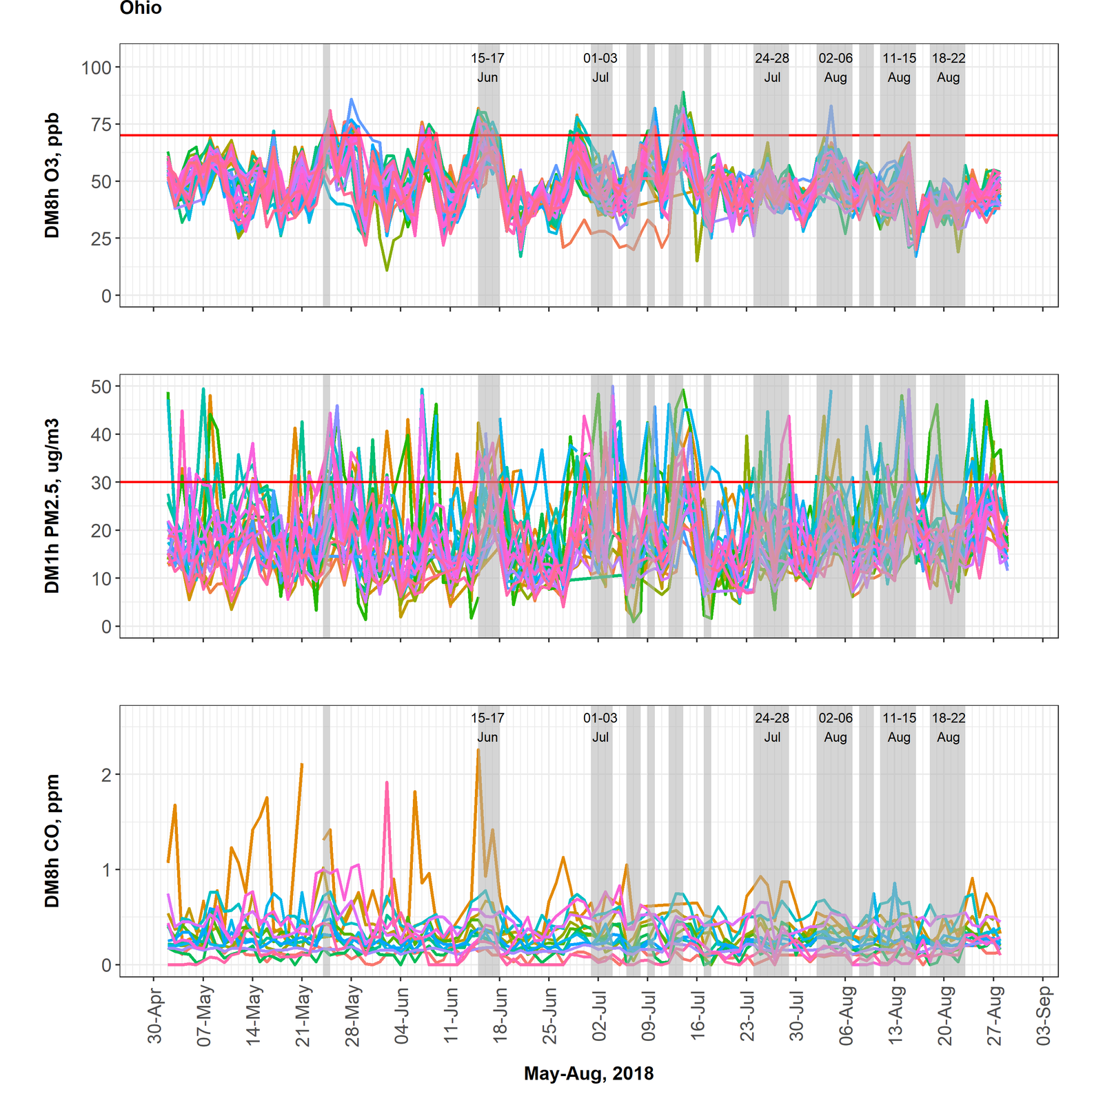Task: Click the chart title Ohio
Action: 141,8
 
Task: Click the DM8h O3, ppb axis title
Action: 52,175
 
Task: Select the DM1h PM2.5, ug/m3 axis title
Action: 52,506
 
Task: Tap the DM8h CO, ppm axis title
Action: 52,840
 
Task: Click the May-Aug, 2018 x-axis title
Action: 589,1073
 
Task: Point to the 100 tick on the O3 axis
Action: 97,68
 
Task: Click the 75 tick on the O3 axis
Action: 101,125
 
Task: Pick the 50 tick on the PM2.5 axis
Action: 101,387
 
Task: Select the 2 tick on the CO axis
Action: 106,775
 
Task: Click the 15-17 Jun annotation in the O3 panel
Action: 487,68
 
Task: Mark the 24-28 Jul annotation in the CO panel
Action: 772,727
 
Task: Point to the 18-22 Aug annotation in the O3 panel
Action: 949,68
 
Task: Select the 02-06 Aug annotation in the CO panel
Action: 836,727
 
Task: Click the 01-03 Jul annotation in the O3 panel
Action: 600,68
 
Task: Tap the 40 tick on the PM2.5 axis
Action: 101,435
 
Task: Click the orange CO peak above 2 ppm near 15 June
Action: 478,750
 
